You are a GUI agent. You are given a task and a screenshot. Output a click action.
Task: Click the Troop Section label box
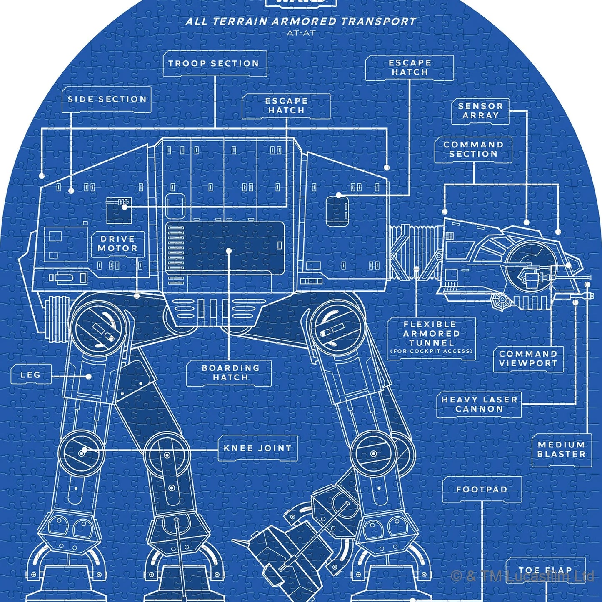coord(214,64)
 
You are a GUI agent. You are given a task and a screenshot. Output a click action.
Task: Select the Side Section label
coord(107,100)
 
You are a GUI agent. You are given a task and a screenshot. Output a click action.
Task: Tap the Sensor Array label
coord(480,111)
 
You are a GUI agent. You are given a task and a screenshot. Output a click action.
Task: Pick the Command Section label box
coord(473,150)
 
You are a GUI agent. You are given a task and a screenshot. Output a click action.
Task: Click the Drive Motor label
coord(118,244)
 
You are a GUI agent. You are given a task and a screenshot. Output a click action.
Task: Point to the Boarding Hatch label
coord(230,373)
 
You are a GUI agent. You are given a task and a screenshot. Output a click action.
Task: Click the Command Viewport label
coord(528,358)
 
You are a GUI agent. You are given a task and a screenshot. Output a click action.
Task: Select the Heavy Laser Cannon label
coord(479,404)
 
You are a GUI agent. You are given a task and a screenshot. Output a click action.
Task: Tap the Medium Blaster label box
coord(561,450)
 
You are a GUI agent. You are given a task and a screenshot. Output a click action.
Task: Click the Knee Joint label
coord(257,448)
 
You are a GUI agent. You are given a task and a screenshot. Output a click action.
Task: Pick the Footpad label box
coord(482,490)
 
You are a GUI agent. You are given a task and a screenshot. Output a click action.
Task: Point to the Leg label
coord(31,375)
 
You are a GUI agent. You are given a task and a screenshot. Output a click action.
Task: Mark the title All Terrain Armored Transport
coord(301,22)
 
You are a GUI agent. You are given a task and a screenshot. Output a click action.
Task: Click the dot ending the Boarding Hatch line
coord(228,251)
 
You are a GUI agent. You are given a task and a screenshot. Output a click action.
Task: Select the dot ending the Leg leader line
coord(89,376)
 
